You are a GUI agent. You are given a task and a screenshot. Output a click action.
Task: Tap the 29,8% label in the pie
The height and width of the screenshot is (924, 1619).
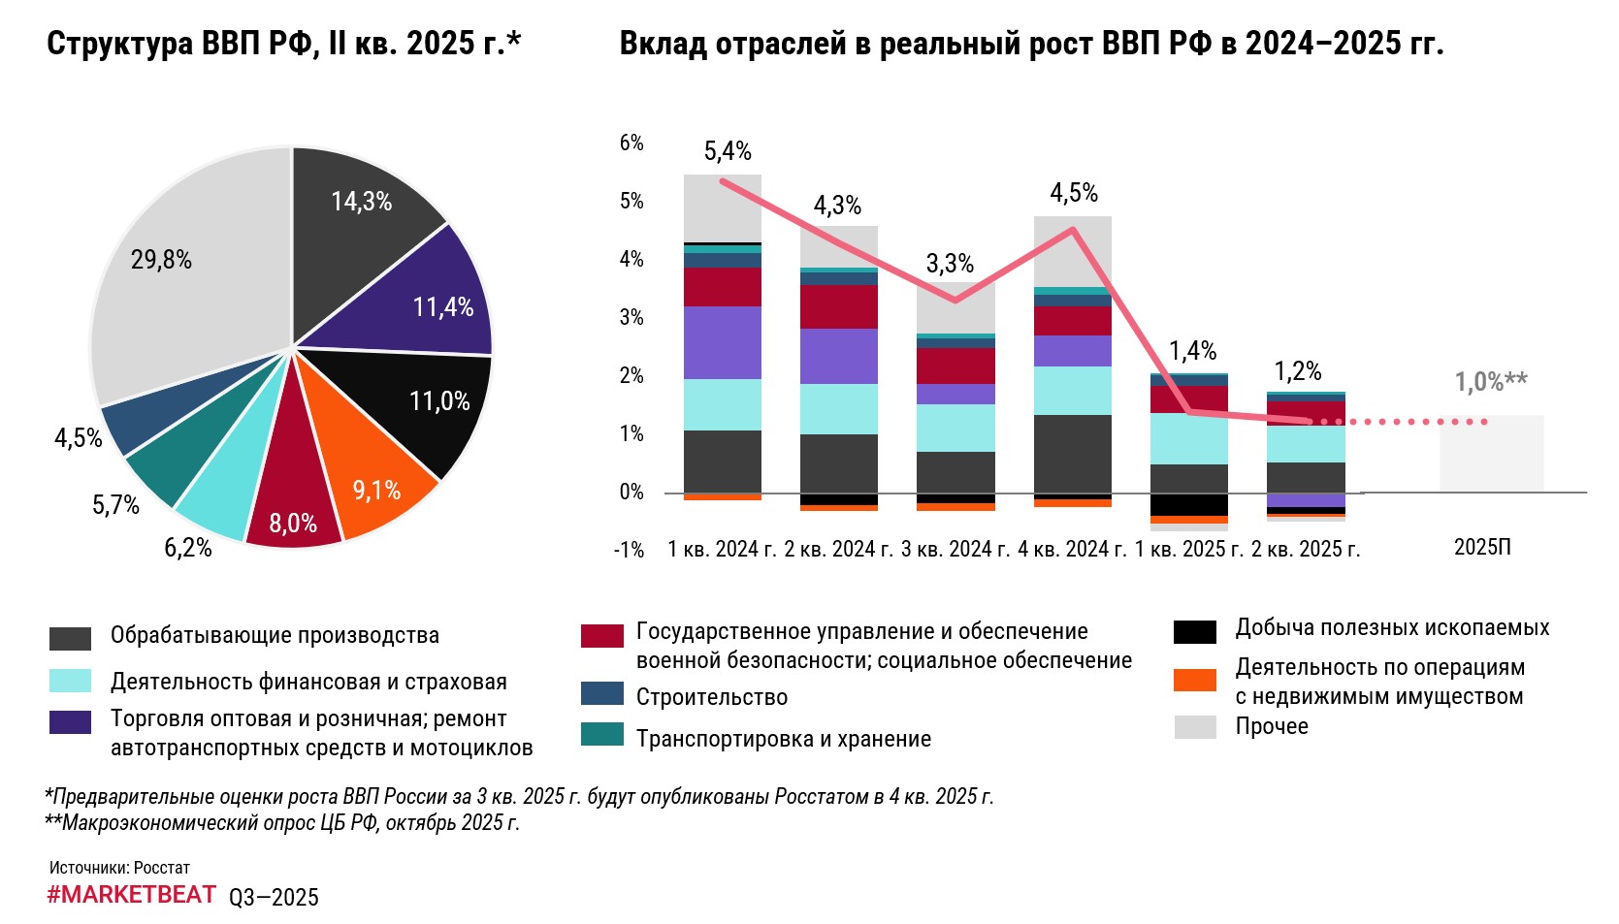(x=161, y=260)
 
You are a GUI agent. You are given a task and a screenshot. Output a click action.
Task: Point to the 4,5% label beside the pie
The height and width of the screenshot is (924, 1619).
(x=78, y=438)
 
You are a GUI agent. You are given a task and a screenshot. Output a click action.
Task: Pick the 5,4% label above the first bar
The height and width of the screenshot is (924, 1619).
(x=728, y=151)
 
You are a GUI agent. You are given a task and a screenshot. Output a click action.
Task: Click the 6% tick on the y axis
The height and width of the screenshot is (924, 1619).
(x=631, y=143)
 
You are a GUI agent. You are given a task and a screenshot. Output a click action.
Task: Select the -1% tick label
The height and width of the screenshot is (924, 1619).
(x=629, y=550)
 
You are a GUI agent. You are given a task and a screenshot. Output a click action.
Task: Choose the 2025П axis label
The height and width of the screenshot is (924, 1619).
(x=1482, y=548)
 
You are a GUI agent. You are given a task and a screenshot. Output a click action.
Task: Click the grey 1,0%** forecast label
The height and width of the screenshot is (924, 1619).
(x=1490, y=382)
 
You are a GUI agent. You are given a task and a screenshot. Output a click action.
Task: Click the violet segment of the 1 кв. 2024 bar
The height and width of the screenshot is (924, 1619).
(x=723, y=342)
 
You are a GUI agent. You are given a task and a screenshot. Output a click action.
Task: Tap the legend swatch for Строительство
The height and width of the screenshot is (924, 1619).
(x=601, y=694)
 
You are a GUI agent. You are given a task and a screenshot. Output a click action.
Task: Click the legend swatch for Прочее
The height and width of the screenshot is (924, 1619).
(x=1195, y=727)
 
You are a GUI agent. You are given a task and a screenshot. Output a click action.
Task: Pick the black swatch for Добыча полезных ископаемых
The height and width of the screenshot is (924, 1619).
(x=1195, y=632)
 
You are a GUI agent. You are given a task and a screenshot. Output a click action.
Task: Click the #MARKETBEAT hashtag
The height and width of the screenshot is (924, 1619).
(x=131, y=895)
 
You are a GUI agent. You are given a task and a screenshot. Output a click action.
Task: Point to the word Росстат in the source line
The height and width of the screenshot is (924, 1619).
(x=162, y=868)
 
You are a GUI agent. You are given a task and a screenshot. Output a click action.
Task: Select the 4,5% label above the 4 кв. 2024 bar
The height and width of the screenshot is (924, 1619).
(x=1074, y=193)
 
